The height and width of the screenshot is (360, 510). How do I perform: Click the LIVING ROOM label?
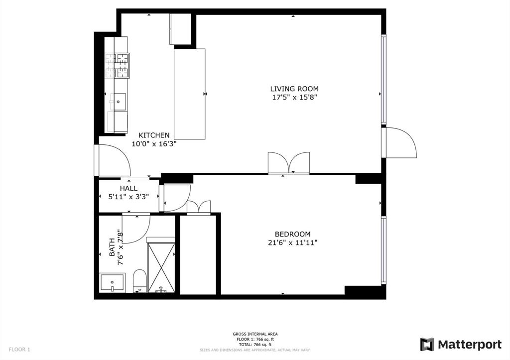click(x=294, y=89)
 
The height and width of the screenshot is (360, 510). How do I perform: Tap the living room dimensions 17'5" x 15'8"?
click(x=294, y=98)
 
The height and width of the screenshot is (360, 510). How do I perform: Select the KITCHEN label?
click(x=154, y=135)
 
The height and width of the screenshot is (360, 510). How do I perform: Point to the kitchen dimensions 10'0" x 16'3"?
click(x=154, y=143)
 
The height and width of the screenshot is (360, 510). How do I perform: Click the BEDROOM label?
click(x=292, y=234)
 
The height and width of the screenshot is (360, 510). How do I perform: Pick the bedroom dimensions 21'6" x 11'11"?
click(x=292, y=242)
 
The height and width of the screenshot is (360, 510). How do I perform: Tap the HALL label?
click(x=128, y=188)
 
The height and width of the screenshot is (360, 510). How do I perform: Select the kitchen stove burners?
click(x=117, y=66)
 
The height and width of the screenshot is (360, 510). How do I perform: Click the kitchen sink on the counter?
click(x=119, y=102)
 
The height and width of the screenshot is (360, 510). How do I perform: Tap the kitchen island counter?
click(x=190, y=94)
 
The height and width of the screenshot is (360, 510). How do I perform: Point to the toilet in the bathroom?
click(x=140, y=280)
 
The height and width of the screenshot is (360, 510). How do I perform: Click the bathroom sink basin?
click(x=113, y=282)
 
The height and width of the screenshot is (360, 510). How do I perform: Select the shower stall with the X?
click(x=161, y=267)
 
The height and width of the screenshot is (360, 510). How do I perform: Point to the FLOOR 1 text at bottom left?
click(x=19, y=350)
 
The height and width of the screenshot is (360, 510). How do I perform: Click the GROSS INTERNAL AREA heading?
click(x=255, y=334)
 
